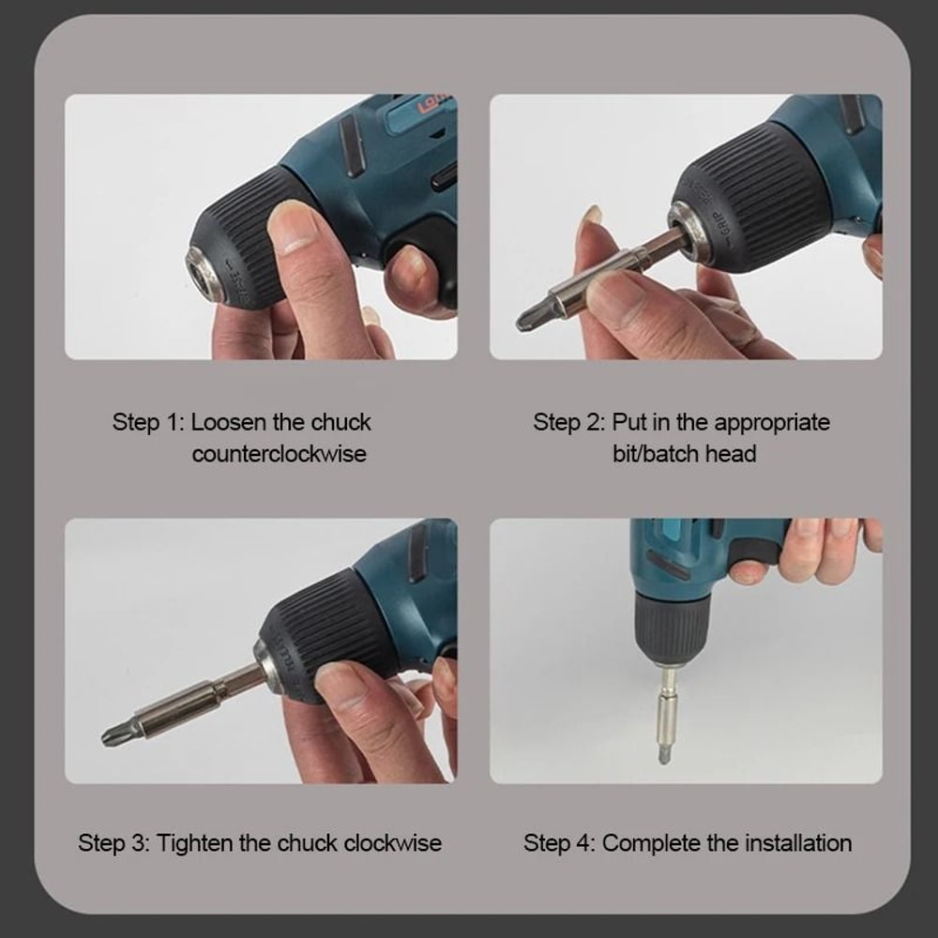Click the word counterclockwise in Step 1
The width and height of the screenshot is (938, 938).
[x=279, y=454]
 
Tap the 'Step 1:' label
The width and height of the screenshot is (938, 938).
[x=148, y=422]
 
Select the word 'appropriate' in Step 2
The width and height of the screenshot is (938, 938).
[x=772, y=422]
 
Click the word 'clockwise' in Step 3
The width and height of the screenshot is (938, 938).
[x=392, y=842]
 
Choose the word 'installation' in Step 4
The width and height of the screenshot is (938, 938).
[x=798, y=842]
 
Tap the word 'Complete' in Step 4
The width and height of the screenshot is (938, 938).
[x=652, y=842]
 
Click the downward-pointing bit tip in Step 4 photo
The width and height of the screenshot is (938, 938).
[x=664, y=753]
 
